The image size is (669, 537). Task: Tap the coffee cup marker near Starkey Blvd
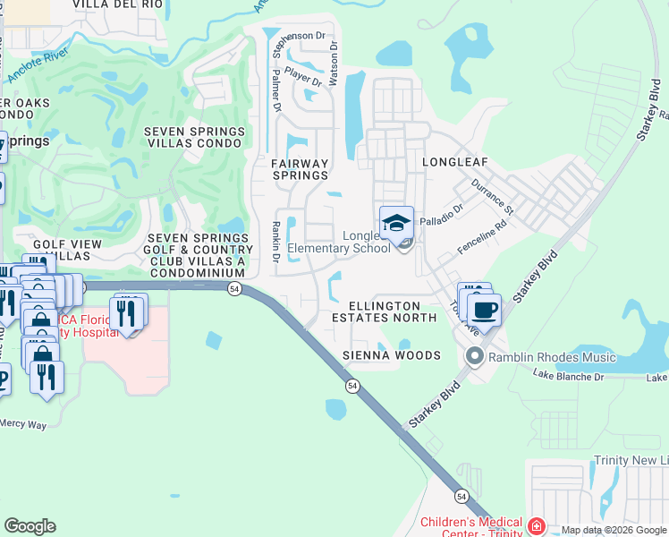(484, 311)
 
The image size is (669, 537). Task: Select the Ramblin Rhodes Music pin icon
(474, 358)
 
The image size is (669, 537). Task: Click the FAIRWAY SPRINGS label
(301, 170)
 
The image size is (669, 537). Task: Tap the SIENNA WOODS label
(392, 355)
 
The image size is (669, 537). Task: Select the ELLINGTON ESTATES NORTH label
(385, 311)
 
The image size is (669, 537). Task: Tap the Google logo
(30, 526)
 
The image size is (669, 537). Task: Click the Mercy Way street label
(22, 424)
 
